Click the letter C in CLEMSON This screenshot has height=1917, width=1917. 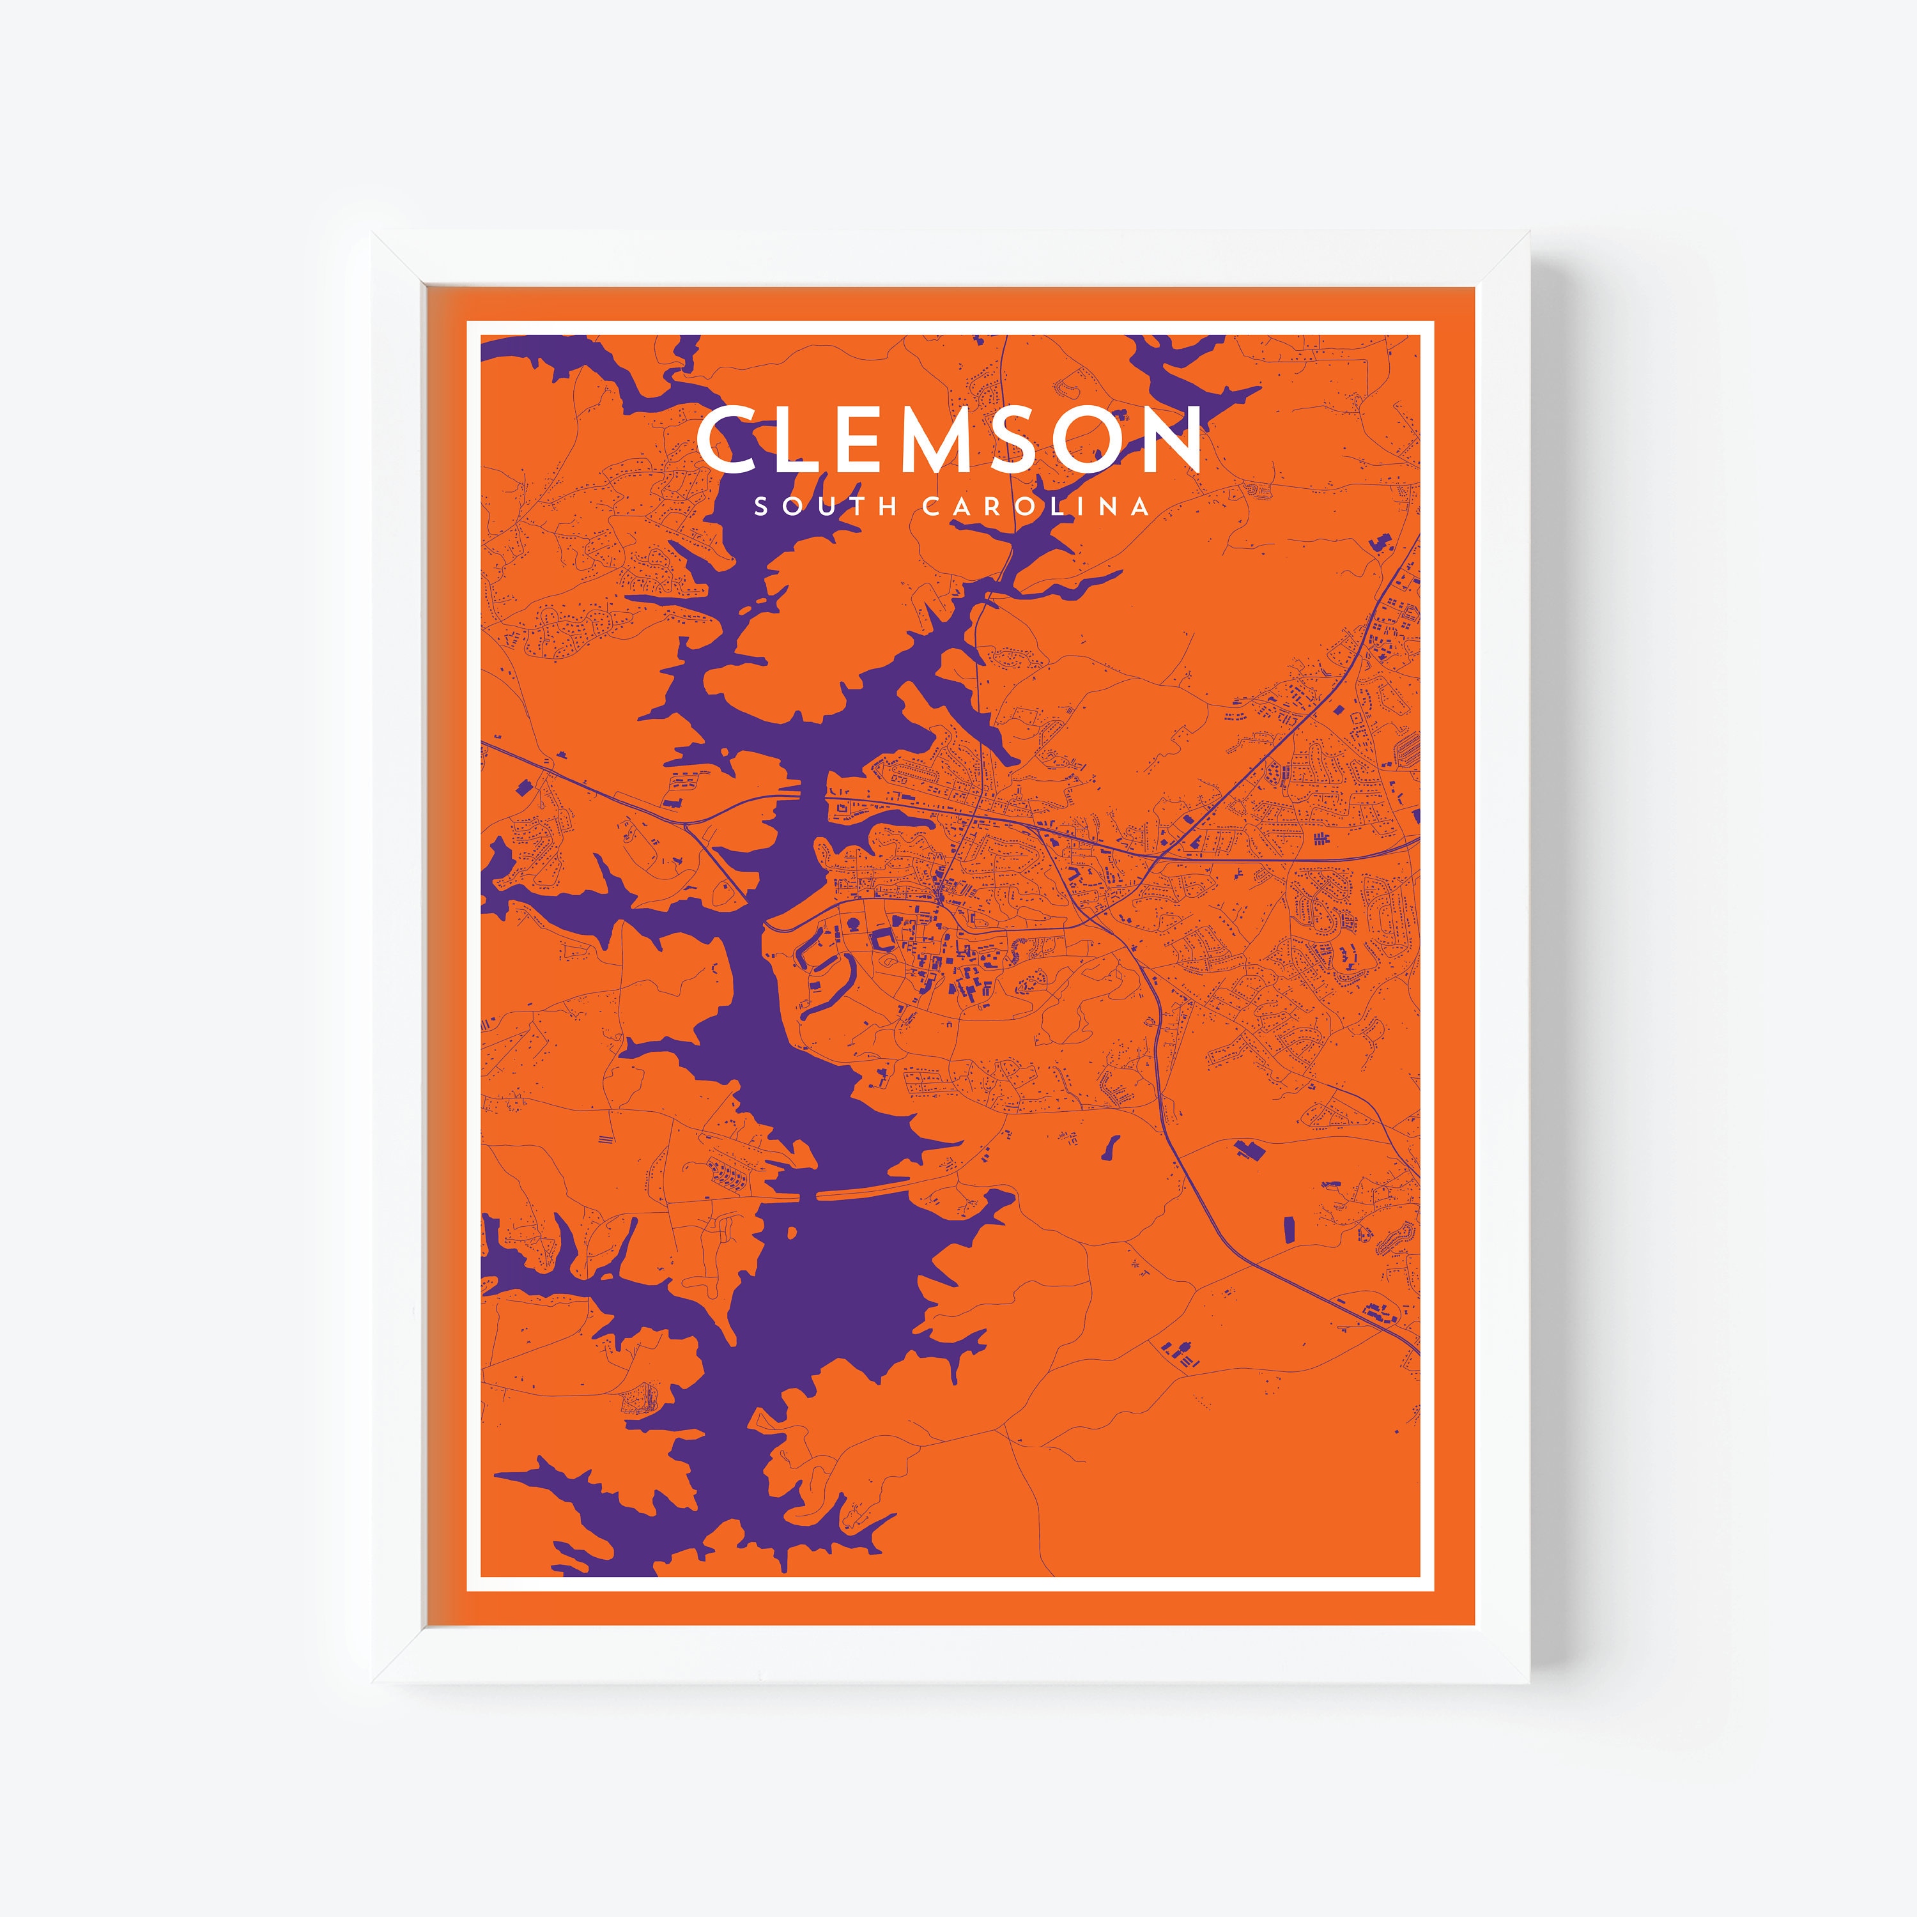click(730, 440)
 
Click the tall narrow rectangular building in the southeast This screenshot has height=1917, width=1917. click(1291, 1229)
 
